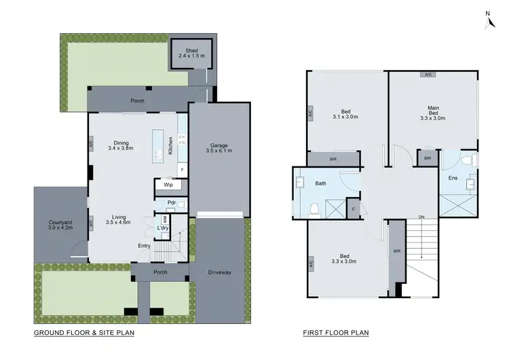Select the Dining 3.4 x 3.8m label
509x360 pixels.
[120, 145]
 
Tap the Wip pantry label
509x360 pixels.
[167, 184]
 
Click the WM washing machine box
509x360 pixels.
[164, 219]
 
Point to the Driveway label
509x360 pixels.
[218, 272]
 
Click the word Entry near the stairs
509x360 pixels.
[145, 245]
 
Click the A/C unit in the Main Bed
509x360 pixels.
[429, 74]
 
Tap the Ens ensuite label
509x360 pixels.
[453, 178]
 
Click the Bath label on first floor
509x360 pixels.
[321, 183]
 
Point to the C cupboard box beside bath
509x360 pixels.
[353, 208]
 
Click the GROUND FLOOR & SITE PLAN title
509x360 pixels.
[84, 333]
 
